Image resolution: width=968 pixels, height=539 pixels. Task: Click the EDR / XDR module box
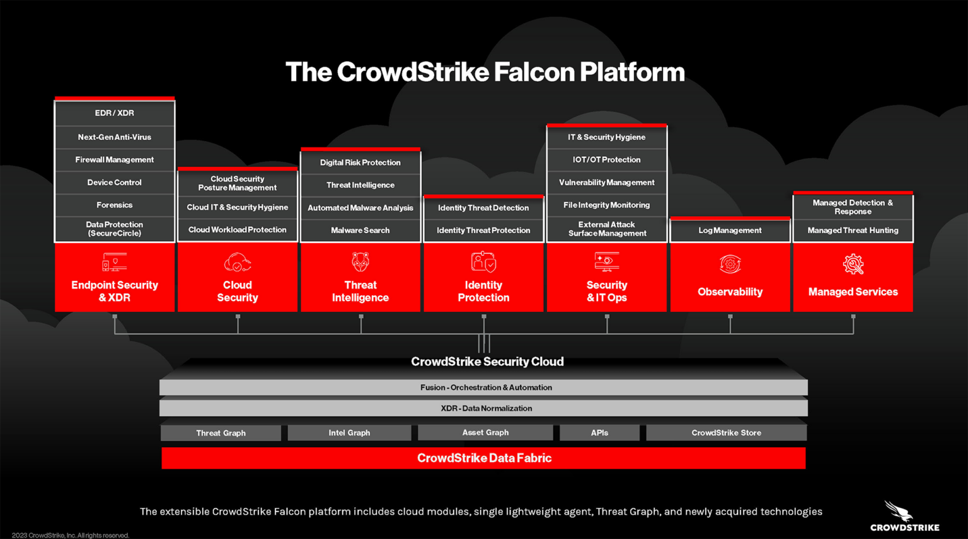tap(115, 113)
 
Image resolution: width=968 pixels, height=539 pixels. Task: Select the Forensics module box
tap(115, 205)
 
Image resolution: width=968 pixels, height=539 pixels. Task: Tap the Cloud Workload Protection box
tap(238, 230)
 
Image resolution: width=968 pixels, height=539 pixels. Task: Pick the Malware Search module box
tap(360, 230)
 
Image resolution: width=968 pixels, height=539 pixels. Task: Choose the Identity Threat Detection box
tap(483, 208)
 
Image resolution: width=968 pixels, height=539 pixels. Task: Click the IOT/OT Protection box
tap(606, 160)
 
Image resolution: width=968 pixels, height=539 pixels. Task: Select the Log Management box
tap(730, 230)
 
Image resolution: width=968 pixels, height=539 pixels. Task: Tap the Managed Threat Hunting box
tap(853, 230)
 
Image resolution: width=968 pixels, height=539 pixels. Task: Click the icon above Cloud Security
tap(238, 263)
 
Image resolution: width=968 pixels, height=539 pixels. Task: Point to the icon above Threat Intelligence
tap(360, 262)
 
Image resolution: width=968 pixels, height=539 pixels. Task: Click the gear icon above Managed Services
tap(853, 264)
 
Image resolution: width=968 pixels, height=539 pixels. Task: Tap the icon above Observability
tap(730, 264)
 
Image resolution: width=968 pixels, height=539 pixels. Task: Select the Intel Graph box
tap(349, 433)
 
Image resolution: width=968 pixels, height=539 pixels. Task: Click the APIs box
tap(599, 433)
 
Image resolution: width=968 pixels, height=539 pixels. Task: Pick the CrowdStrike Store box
tap(726, 433)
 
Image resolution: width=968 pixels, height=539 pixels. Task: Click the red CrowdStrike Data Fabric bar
tap(483, 458)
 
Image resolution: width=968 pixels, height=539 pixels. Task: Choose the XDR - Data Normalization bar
tap(483, 409)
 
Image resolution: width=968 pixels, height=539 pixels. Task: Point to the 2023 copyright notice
tap(70, 535)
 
